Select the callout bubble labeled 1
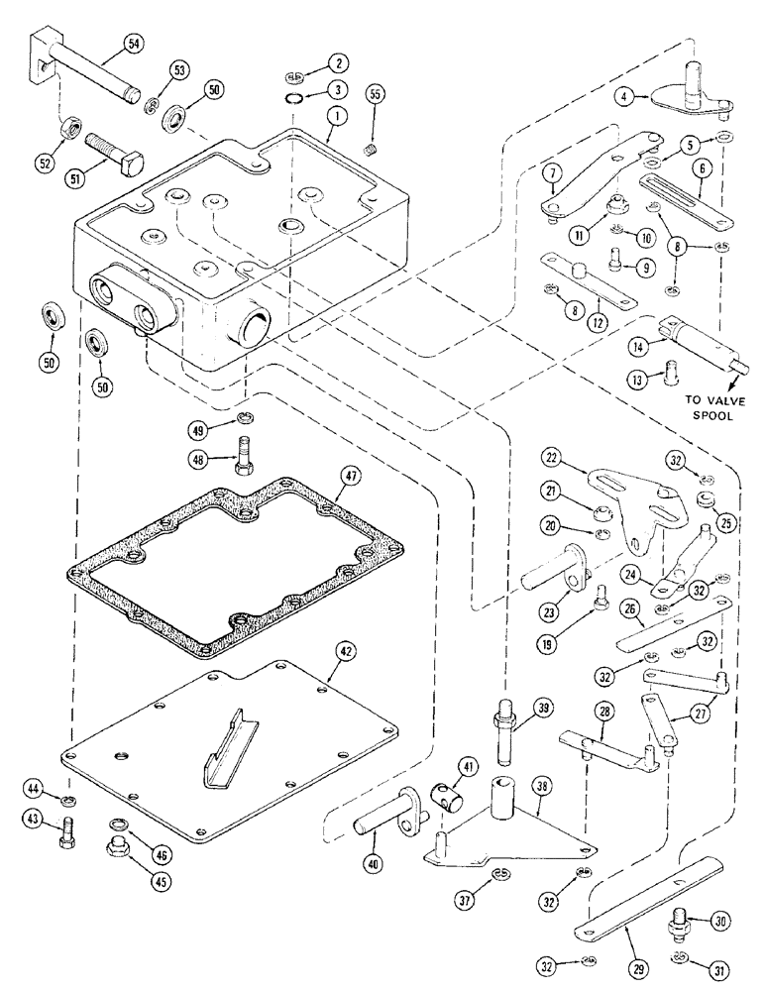tap(327, 115)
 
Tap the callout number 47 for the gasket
tap(348, 477)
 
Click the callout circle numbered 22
tap(553, 458)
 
